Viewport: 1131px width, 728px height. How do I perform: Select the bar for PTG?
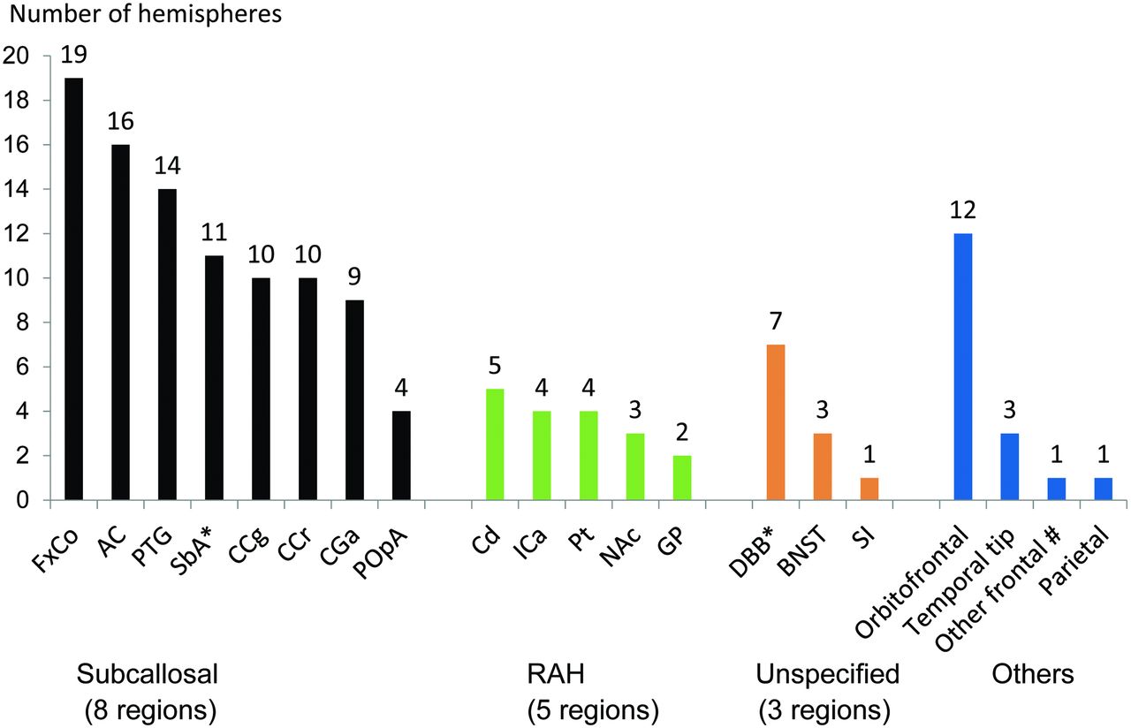(x=168, y=345)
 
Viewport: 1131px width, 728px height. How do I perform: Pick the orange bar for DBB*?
(x=776, y=422)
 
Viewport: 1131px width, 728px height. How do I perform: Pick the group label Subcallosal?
(x=147, y=675)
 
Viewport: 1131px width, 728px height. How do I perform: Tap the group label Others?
(x=1033, y=675)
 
